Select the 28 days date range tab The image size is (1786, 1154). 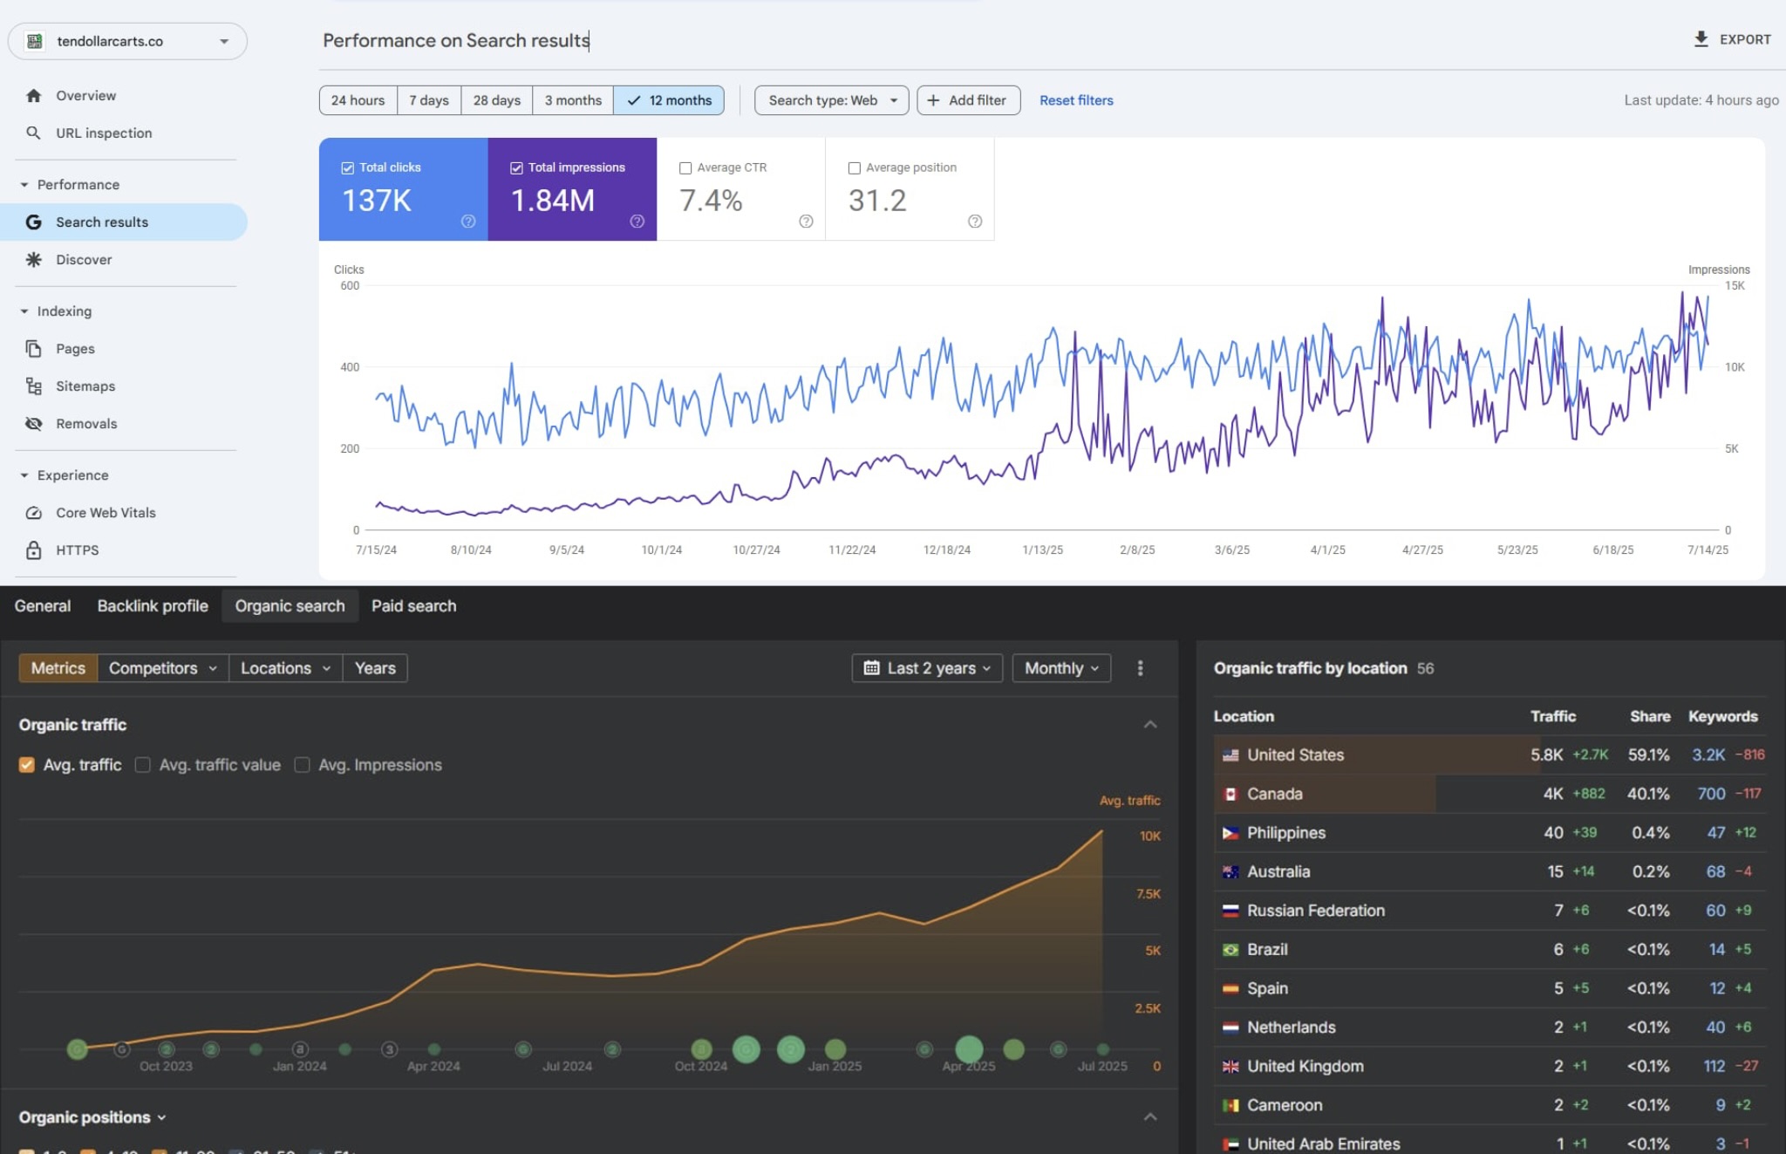click(496, 100)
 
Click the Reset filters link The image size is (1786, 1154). click(1075, 100)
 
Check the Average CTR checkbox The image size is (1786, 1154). click(685, 167)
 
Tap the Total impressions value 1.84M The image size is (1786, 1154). click(552, 201)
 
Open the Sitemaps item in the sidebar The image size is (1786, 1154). click(85, 386)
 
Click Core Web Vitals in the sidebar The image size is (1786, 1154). click(106, 512)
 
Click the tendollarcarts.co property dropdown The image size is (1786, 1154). click(127, 41)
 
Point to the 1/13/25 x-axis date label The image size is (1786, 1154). click(1042, 550)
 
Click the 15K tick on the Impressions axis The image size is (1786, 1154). click(1734, 285)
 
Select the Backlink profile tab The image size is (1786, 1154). click(153, 605)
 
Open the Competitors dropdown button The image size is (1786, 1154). click(162, 667)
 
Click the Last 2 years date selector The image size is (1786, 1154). click(927, 667)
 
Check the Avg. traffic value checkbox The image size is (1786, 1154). click(143, 764)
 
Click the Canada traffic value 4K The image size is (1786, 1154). click(1552, 794)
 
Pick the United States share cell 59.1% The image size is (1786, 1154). click(1648, 755)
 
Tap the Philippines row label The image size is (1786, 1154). click(1285, 832)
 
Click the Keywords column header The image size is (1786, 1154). click(1722, 716)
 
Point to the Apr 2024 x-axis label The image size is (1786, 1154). click(433, 1066)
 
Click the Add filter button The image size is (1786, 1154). click(968, 100)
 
